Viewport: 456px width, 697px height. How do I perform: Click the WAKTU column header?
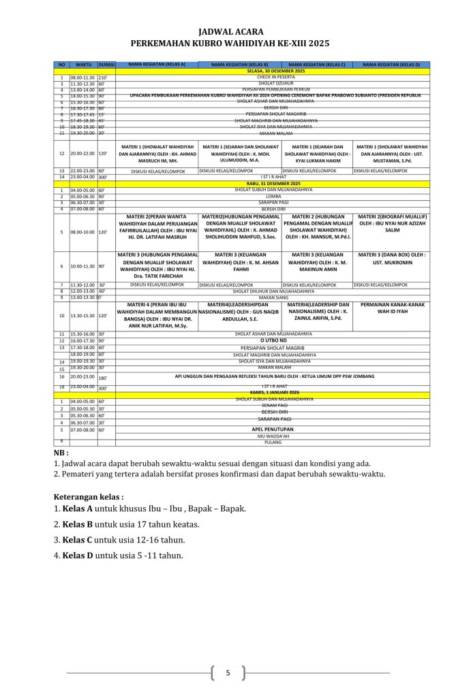(84, 64)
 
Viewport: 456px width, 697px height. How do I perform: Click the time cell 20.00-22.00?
(82, 155)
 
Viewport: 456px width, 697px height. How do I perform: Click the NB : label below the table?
(61, 452)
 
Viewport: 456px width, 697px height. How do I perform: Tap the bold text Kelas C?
(76, 540)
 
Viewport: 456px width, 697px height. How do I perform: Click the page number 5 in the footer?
(228, 673)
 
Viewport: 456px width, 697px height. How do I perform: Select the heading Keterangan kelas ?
(89, 496)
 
